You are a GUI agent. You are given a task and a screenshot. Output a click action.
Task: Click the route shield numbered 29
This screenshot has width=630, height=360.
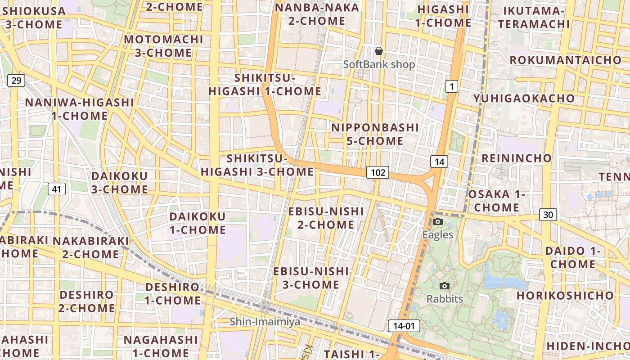(16, 81)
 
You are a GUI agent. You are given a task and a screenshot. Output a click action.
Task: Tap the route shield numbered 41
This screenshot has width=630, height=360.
(56, 189)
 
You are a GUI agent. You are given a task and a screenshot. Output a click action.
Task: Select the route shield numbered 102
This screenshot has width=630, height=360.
(377, 172)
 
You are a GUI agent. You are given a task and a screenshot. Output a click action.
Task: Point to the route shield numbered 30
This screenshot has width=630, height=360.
(548, 215)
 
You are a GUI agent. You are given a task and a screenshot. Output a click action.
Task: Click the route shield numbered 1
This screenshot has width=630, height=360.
(451, 86)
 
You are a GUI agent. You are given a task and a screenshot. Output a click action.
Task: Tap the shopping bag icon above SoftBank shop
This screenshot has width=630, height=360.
(379, 51)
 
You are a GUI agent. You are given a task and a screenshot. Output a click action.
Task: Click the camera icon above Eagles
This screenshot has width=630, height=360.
(437, 221)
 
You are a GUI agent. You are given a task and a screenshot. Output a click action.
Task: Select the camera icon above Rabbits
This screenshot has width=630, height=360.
(444, 286)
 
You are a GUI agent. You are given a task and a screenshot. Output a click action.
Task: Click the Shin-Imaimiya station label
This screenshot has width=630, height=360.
(265, 322)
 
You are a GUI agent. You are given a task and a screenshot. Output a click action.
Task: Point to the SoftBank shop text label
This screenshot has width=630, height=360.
(379, 64)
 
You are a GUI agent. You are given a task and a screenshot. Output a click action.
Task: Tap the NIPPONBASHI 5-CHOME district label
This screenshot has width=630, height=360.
(375, 134)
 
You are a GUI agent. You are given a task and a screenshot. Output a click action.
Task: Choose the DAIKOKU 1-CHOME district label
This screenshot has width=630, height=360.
(198, 223)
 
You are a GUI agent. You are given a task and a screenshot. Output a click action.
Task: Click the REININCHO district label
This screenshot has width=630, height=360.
(517, 158)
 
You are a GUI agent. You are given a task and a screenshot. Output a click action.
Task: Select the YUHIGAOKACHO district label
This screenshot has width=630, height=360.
(524, 98)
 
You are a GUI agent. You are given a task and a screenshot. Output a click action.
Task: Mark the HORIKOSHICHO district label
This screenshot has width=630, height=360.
(565, 296)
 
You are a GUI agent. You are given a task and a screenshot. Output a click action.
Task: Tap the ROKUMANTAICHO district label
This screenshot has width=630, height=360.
(565, 60)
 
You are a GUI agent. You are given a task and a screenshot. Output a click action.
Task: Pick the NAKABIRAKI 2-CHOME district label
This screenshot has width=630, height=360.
(90, 247)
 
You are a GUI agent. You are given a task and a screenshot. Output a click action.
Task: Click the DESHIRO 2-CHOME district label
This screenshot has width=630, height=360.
(87, 301)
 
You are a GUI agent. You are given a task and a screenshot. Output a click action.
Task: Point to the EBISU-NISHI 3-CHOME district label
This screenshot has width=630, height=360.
(311, 278)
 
